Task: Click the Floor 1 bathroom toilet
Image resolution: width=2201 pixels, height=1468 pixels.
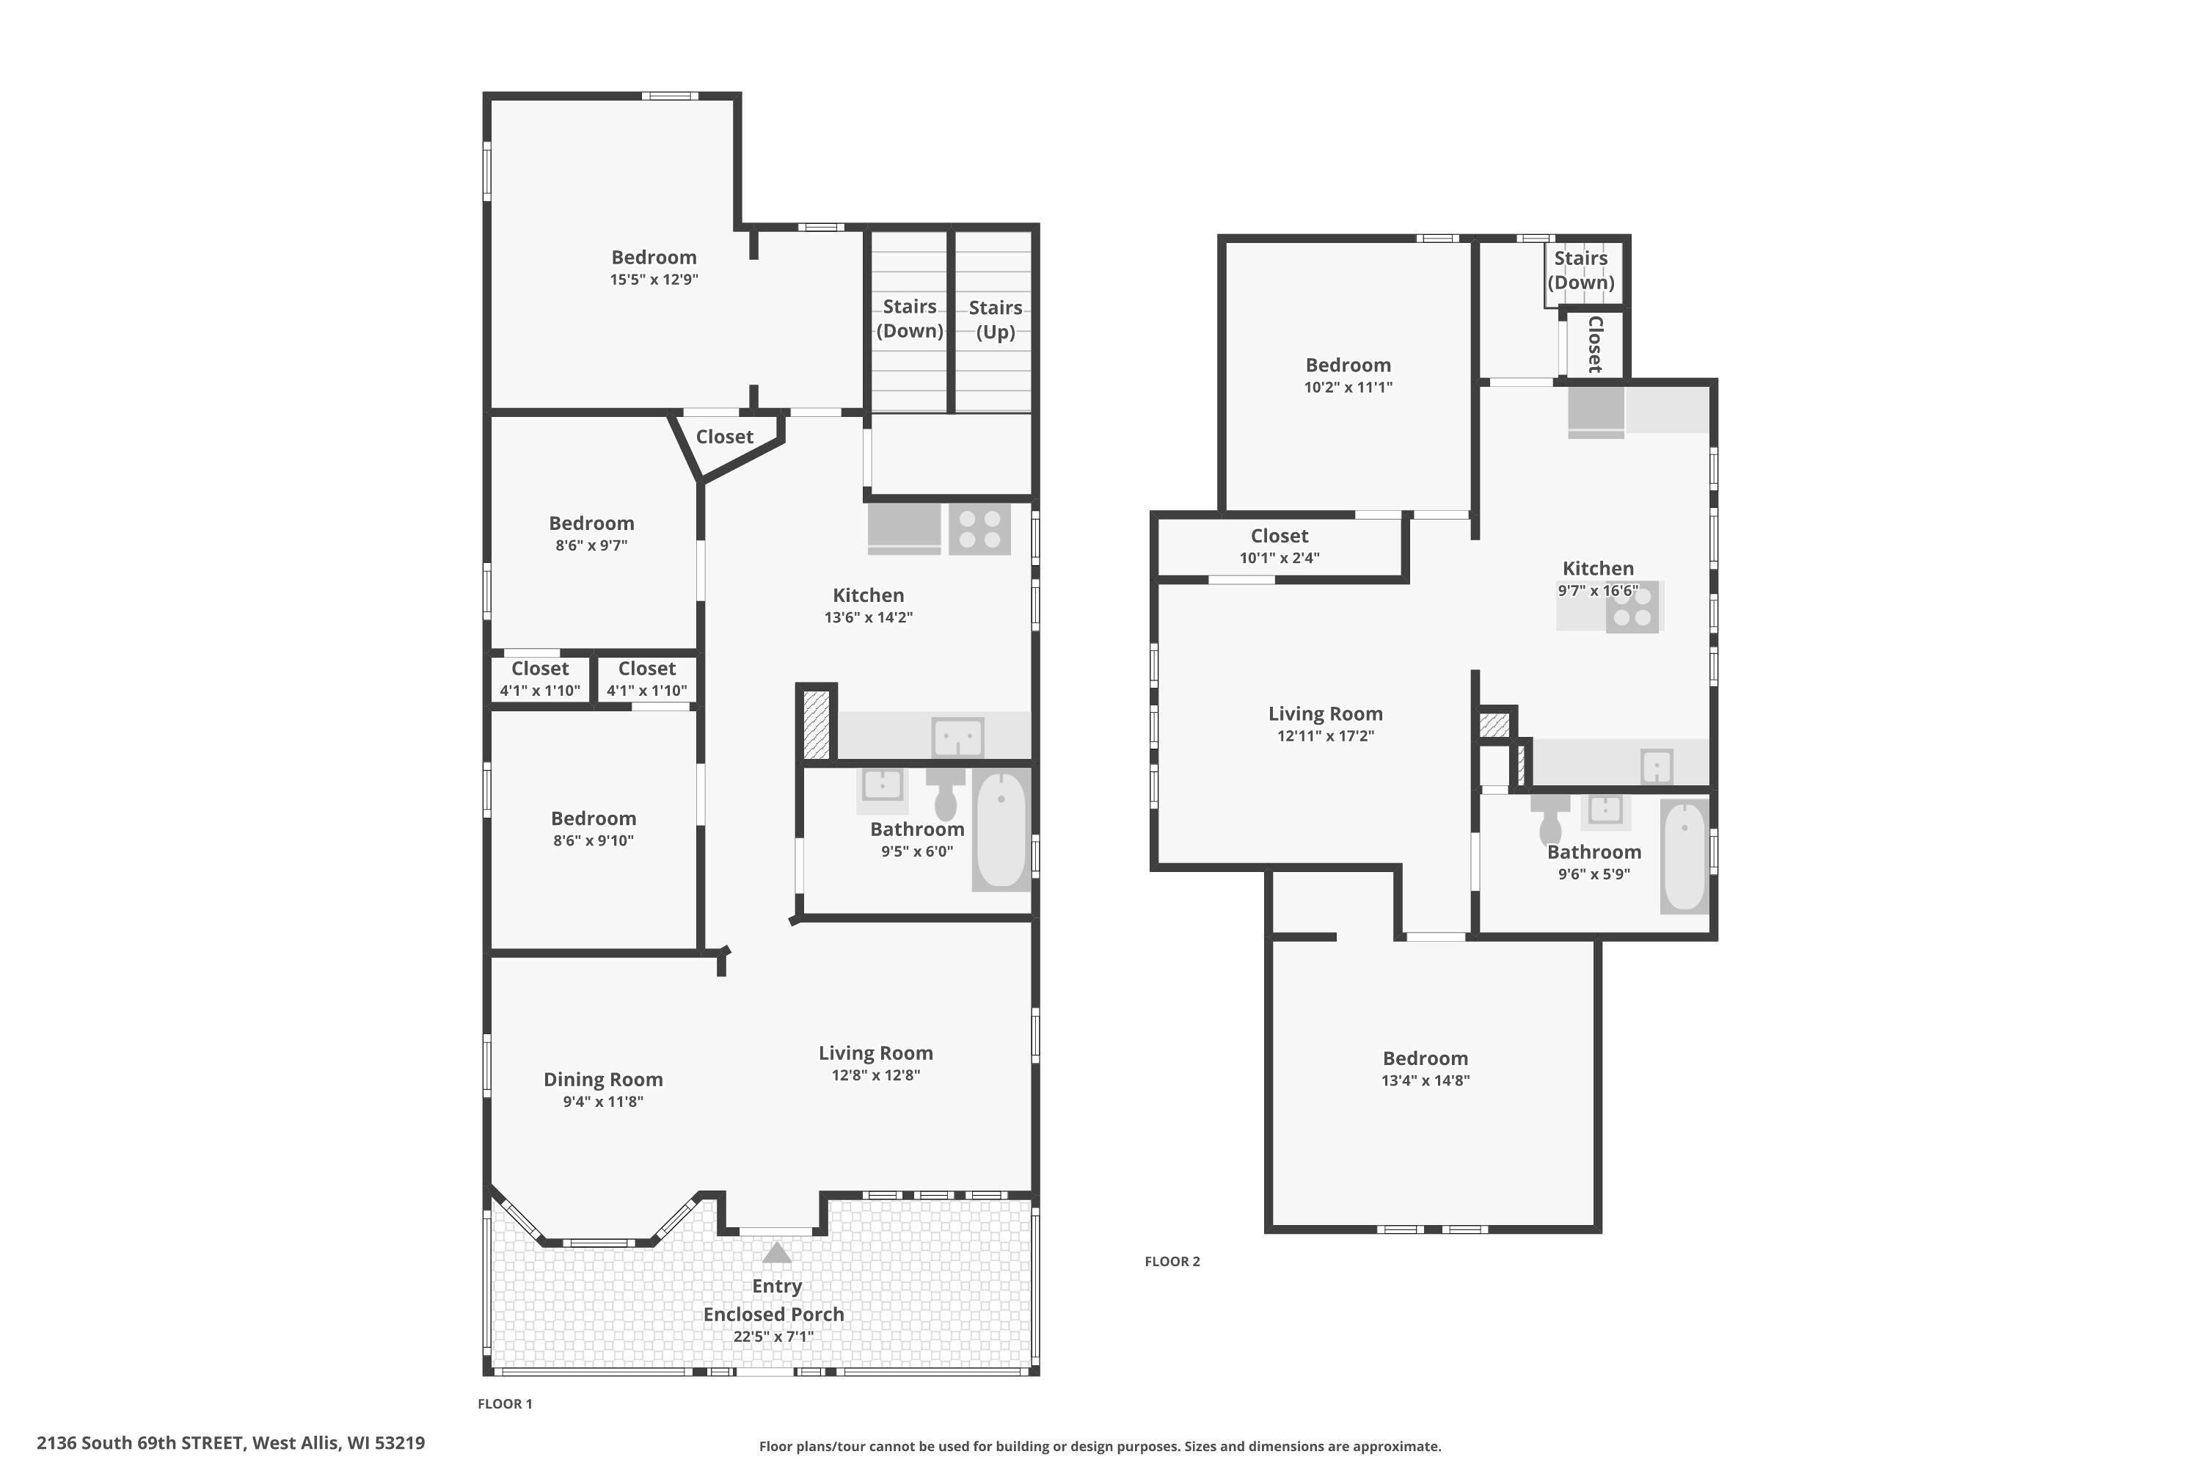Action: click(x=945, y=796)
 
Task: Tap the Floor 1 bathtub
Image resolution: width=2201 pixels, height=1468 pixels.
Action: click(x=1001, y=829)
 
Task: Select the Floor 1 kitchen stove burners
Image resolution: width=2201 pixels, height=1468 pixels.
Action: click(x=979, y=529)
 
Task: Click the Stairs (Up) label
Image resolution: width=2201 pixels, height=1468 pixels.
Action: click(x=995, y=319)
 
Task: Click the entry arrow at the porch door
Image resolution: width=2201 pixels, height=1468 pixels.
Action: click(x=777, y=1253)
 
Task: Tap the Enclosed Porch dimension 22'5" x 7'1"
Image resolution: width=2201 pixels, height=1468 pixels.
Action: click(x=773, y=1337)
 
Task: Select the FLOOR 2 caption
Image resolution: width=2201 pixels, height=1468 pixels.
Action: click(x=1172, y=1262)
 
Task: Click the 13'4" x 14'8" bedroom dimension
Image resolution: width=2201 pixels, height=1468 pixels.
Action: click(x=1426, y=1080)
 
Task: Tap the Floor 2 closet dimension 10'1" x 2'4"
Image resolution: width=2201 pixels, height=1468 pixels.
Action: click(x=1280, y=558)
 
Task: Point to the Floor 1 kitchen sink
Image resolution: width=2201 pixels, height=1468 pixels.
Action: click(x=957, y=738)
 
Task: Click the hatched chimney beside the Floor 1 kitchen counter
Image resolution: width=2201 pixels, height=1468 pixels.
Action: click(x=816, y=724)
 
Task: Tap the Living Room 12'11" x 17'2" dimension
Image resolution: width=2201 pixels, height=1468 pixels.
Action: click(x=1325, y=736)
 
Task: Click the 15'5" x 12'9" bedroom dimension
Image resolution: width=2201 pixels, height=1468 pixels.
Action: click(x=654, y=279)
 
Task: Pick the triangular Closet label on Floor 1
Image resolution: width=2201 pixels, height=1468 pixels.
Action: click(x=724, y=437)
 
